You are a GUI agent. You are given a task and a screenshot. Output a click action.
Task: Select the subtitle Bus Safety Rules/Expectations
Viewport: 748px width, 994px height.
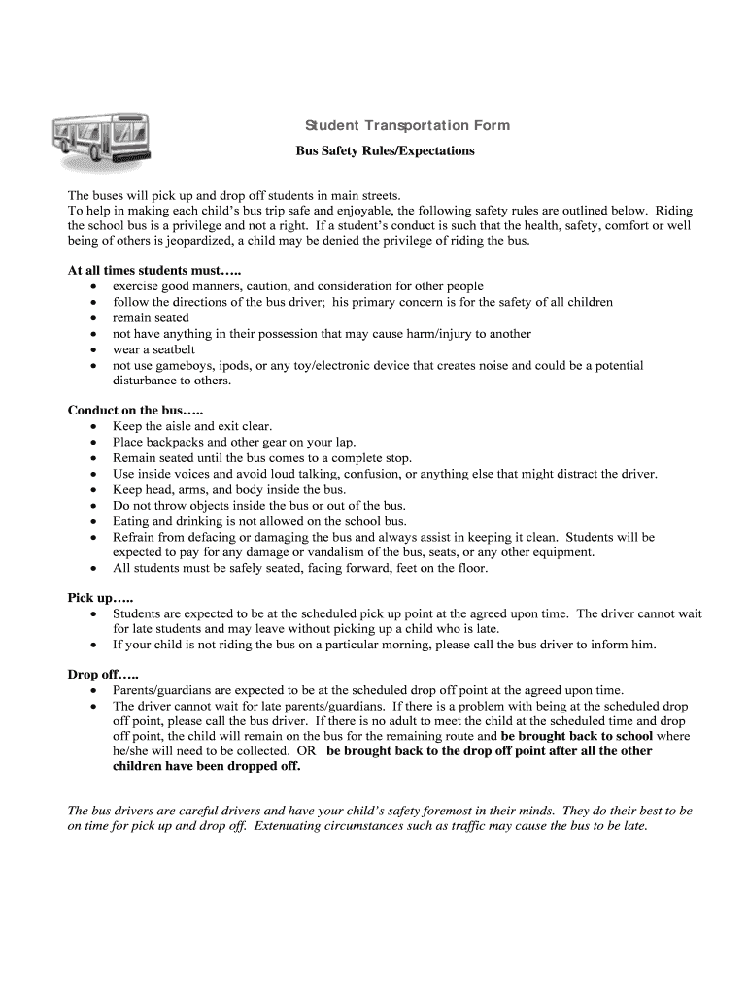[385, 151]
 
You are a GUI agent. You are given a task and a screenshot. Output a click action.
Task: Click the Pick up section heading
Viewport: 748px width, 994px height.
[100, 598]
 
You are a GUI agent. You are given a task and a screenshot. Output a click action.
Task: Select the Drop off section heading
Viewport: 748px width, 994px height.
[103, 674]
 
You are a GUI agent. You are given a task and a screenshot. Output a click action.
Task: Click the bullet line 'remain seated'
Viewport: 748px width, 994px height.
[151, 317]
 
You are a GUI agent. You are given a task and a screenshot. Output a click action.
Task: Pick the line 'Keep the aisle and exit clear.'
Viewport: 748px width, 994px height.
[192, 426]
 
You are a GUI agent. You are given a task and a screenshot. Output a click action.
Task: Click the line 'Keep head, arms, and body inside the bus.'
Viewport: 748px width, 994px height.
[229, 489]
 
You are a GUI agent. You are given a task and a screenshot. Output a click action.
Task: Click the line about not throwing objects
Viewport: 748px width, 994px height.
[259, 505]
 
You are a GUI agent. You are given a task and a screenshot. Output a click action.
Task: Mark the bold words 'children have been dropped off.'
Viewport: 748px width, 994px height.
[207, 766]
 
